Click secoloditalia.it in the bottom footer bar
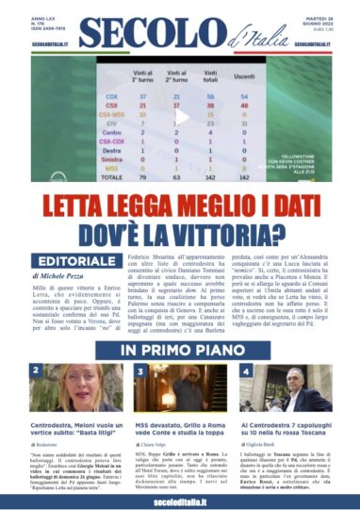tap(179, 501)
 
